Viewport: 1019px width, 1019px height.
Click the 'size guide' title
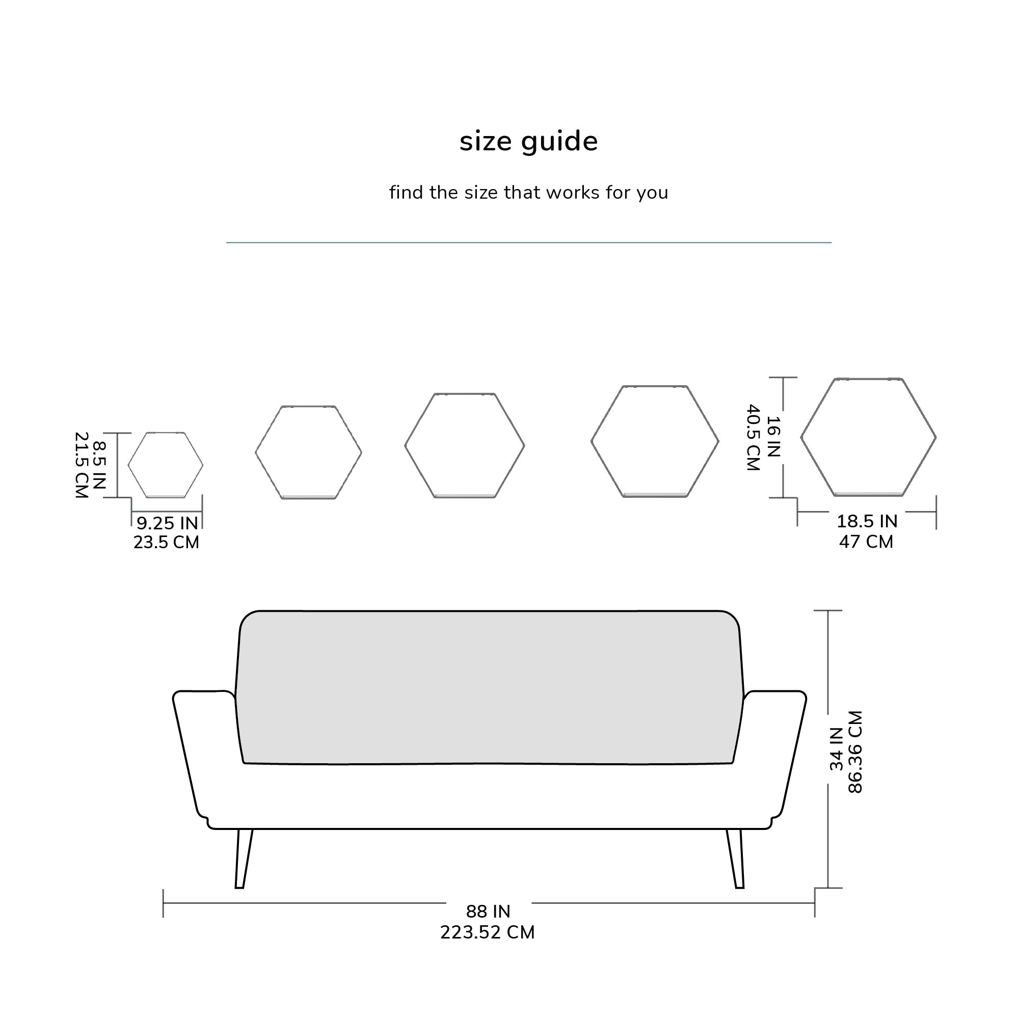528,141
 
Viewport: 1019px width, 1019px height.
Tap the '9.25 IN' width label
167,523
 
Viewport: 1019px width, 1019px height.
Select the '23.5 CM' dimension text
166,542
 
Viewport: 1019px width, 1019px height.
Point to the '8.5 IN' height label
99,465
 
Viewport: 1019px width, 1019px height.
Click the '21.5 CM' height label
81,465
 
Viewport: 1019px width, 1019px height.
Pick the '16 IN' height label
773,437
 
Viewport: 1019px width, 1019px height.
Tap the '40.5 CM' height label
753,438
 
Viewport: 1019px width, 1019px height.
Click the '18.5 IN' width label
867,521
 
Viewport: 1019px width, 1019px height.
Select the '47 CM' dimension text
866,542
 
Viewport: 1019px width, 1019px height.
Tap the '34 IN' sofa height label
837,749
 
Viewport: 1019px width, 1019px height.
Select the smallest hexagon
166,465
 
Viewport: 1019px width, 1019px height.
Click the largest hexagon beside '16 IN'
868,437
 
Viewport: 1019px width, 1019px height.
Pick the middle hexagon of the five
465,446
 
